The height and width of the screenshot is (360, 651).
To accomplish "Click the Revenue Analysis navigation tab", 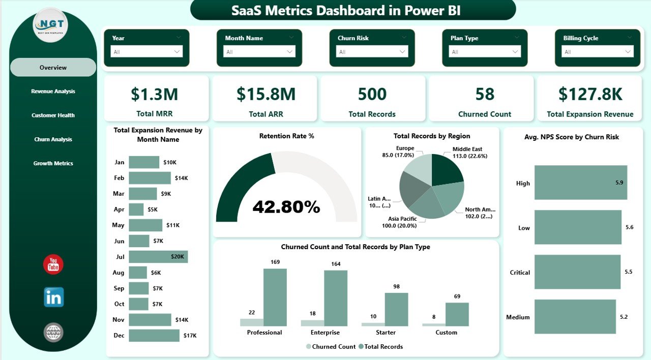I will pos(53,92).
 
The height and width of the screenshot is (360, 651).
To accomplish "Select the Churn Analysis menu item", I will pos(53,139).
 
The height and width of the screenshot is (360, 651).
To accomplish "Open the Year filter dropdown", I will pos(146,52).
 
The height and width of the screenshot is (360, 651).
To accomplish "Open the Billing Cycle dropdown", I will pos(598,52).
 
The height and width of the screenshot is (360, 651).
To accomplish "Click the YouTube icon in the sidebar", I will pos(53,264).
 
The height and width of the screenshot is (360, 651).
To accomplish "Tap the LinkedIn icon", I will pos(53,297).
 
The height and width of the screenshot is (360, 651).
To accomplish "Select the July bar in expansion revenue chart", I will pos(158,257).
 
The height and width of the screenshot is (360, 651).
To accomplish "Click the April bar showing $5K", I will pos(136,209).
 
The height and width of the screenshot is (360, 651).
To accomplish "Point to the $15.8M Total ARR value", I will pos(265,94).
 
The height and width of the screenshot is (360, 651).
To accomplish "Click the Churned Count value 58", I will pos(484,94).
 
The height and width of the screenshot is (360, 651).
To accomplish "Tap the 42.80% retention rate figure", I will pos(286,207).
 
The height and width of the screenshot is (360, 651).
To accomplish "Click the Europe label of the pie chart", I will pos(405,148).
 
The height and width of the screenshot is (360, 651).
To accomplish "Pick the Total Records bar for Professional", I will pos(275,297).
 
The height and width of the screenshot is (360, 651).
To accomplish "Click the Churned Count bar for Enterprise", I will pos(312,323).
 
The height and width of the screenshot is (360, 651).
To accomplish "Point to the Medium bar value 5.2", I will pos(624,317).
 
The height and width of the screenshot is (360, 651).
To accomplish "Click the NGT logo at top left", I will pos(50,25).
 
